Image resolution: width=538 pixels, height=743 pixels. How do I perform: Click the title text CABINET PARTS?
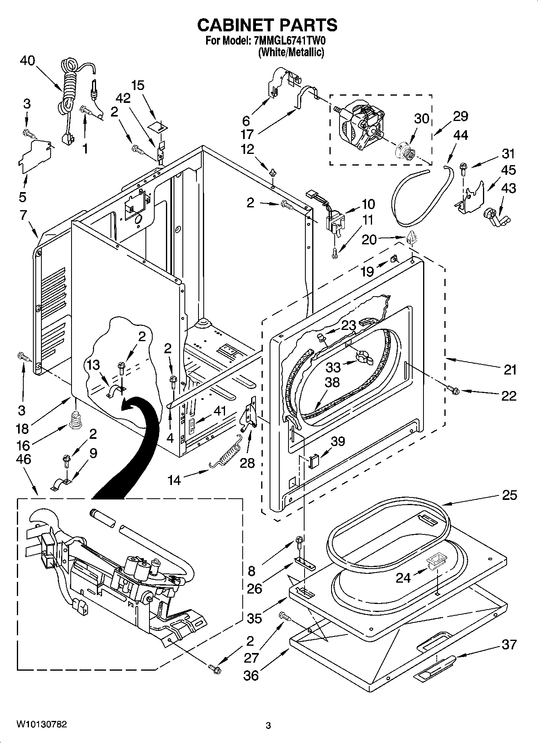pyautogui.click(x=268, y=25)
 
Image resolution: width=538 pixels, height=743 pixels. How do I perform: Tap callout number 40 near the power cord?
pyautogui.click(x=27, y=61)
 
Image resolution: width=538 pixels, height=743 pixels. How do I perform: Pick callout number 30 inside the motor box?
pyautogui.click(x=421, y=119)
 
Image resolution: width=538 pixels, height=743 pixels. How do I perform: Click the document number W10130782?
pyautogui.click(x=41, y=725)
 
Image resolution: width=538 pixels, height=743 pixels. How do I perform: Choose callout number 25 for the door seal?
pyautogui.click(x=509, y=495)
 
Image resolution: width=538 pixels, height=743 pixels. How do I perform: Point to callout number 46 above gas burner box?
pyautogui.click(x=24, y=459)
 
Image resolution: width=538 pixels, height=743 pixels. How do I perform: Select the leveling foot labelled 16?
pyautogui.click(x=75, y=419)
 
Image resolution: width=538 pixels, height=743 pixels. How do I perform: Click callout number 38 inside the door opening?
pyautogui.click(x=332, y=382)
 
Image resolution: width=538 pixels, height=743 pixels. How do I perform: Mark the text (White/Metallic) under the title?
pyautogui.click(x=291, y=52)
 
